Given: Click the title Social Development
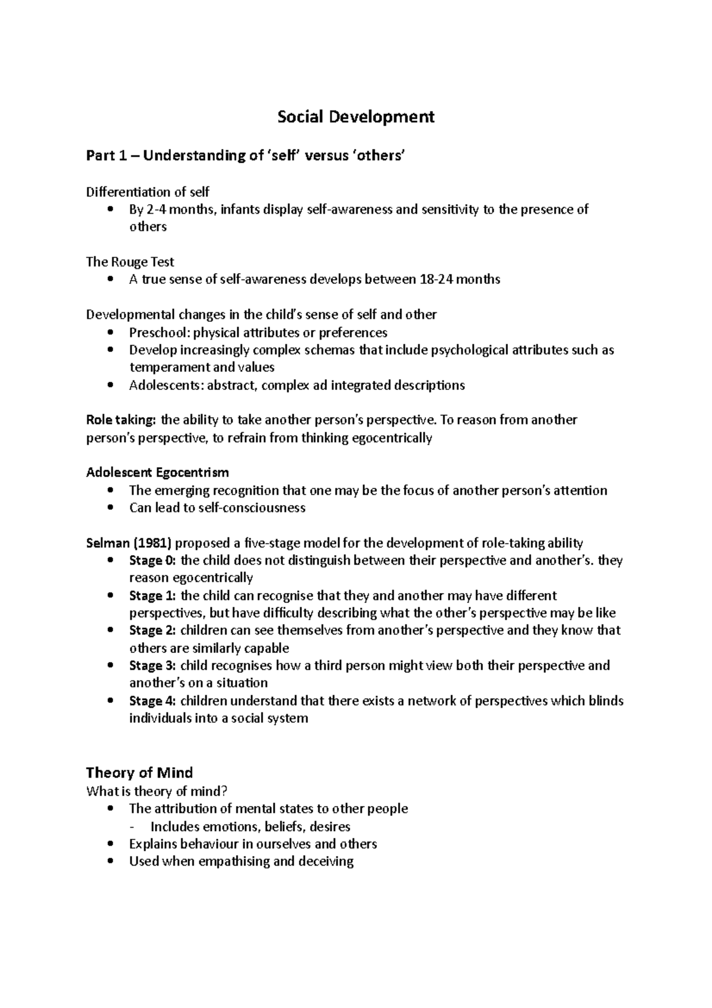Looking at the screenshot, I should point(356,117).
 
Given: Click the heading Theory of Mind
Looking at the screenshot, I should point(139,772).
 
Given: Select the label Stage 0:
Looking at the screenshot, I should point(152,560).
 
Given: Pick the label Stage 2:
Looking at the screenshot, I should point(152,630).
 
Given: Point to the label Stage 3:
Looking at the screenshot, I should point(152,665).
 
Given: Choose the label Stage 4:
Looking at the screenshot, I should point(152,700).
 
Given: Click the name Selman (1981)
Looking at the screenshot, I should point(128,543).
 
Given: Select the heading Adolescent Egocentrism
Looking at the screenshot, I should point(157,473).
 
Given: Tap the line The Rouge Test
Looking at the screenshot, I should point(130,262).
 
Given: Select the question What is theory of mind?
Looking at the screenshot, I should point(157,791).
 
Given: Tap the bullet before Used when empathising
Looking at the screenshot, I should point(110,861).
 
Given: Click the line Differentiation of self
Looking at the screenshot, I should point(148,192).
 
